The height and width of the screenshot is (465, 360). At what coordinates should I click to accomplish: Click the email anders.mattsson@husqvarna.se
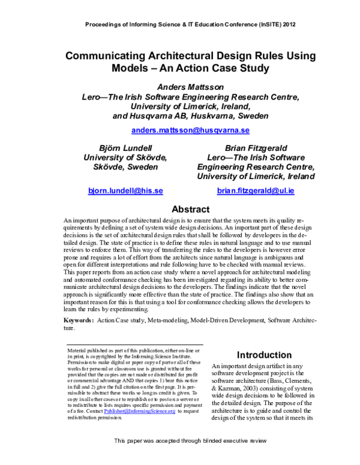[190, 130]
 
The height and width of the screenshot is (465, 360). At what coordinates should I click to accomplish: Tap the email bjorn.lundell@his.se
[125, 191]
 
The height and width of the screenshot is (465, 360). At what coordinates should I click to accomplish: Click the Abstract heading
[190, 210]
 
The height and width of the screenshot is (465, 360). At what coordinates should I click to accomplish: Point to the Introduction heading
[265, 355]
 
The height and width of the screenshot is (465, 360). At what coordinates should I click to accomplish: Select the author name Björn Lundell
[125, 147]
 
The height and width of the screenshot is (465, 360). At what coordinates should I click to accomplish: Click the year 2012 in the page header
[286, 25]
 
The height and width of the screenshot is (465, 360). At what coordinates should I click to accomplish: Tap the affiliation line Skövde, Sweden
[125, 167]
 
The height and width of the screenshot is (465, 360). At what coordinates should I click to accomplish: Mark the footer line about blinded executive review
[190, 457]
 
